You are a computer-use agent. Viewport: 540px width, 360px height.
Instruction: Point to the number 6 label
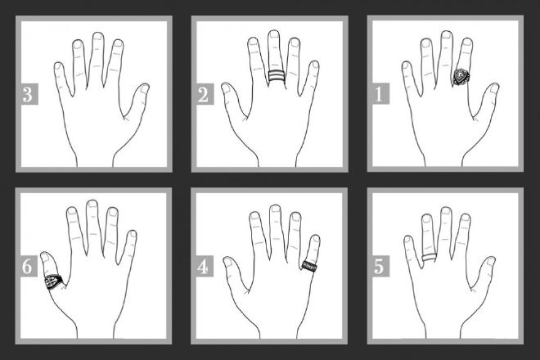[29, 267]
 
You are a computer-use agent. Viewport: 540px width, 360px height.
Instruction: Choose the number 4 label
[202, 267]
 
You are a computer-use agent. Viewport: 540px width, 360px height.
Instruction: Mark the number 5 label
[377, 267]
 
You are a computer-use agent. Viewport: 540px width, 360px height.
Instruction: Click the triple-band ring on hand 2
[276, 78]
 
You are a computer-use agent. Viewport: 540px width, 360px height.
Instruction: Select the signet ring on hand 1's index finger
[462, 78]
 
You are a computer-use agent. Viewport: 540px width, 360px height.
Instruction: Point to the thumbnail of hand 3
[143, 88]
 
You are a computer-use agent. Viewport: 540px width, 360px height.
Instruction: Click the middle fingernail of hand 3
[97, 39]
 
